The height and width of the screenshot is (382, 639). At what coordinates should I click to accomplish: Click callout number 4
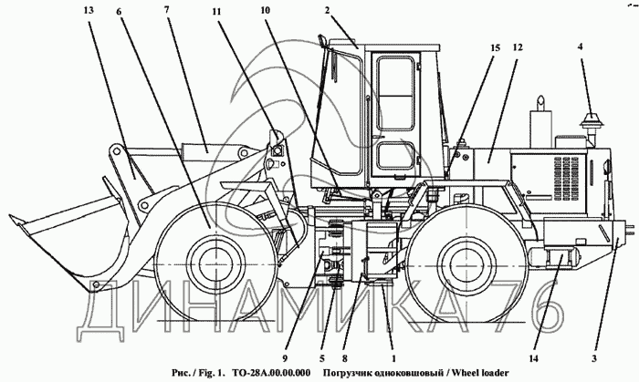[x=580, y=46]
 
